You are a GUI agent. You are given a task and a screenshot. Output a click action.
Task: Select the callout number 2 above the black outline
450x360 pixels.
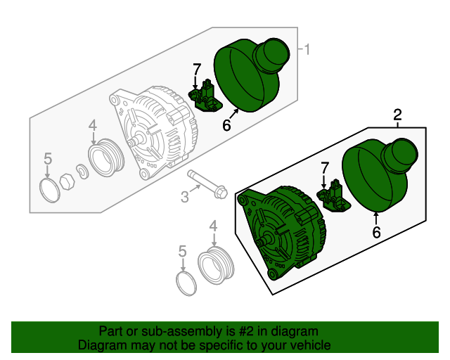tap(397, 115)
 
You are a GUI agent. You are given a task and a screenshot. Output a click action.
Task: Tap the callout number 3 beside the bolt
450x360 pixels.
tap(185, 198)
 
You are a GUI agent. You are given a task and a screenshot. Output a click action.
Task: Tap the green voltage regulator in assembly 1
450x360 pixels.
tap(205, 97)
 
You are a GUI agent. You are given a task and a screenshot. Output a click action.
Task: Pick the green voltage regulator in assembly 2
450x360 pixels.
tap(335, 198)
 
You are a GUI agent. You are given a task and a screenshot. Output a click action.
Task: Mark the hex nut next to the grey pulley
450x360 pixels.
tap(67, 182)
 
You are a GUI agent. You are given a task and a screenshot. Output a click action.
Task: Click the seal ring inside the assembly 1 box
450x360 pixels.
tap(48, 190)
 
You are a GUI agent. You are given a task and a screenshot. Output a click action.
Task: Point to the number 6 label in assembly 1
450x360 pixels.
tap(226, 126)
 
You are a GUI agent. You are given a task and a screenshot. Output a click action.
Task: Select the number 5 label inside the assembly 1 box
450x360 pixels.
tap(48, 158)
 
